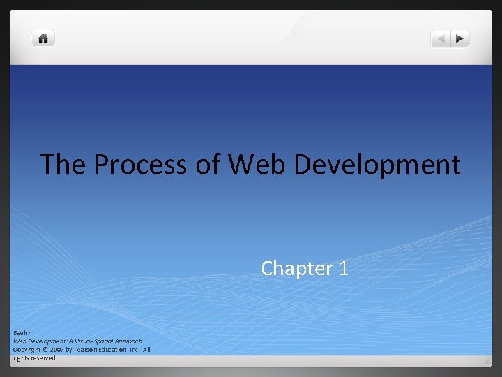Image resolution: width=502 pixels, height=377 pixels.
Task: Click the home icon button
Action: (43, 38)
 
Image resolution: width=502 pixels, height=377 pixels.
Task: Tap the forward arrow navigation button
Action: (460, 39)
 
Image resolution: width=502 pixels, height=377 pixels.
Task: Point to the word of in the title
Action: (213, 165)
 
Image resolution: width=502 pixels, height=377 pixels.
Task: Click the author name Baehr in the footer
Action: (21, 332)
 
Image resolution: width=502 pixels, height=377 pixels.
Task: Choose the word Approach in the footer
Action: (128, 341)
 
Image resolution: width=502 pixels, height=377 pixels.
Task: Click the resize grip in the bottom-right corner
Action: (485, 362)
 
